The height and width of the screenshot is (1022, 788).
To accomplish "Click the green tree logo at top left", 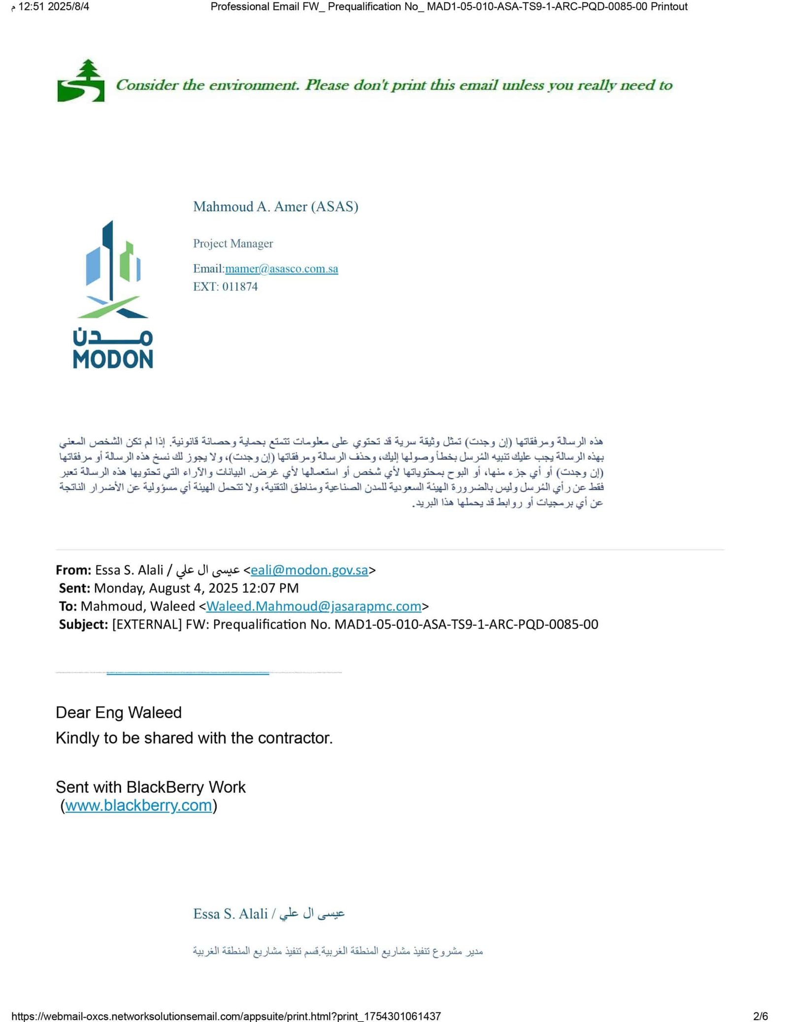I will click(81, 81).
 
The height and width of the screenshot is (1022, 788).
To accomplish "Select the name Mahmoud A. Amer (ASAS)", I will click(275, 206).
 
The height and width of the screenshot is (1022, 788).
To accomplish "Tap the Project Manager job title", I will click(232, 243).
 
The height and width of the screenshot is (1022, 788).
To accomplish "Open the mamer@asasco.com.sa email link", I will click(281, 269).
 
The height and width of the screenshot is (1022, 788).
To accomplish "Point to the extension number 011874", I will click(240, 287).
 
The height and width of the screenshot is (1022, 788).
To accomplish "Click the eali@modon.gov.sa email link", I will click(309, 570).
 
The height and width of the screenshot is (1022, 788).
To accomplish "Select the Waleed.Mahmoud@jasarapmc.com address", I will click(313, 606).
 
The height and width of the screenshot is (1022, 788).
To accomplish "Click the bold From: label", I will click(73, 570).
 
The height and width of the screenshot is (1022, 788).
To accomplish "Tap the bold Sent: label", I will click(74, 588).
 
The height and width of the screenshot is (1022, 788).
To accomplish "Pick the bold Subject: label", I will click(83, 624).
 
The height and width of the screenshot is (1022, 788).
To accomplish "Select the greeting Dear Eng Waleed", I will click(119, 712).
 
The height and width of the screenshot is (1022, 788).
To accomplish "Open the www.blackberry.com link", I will click(138, 805).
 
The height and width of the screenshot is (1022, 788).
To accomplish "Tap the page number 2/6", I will click(760, 1016).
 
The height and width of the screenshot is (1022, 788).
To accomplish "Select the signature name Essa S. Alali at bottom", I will click(230, 914).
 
